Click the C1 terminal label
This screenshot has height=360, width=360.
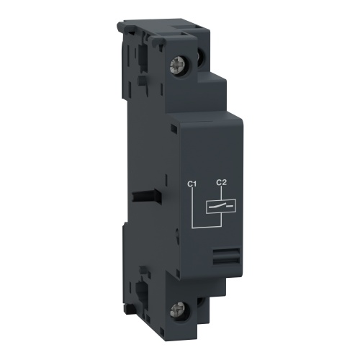pos(192,184)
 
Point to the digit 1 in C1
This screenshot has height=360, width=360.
pos(194,184)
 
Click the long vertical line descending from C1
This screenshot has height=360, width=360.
pos(193,209)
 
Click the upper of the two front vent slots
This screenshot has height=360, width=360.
pos(226,249)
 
